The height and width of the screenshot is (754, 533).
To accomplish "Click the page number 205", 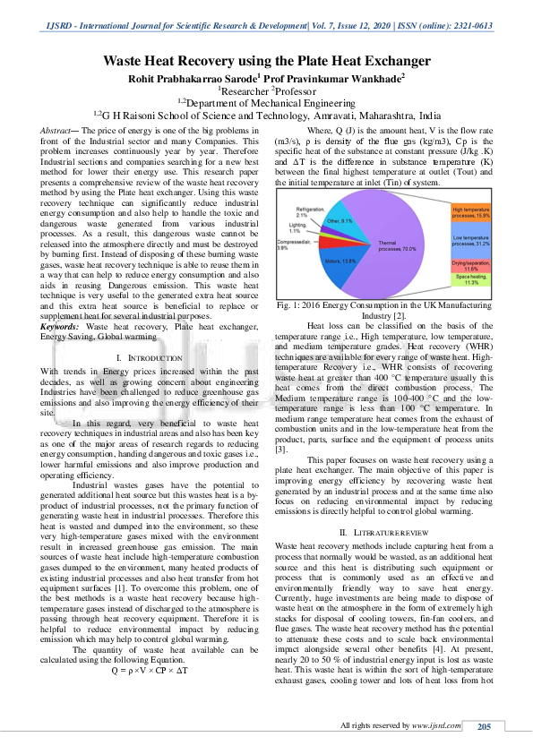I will pos(485,725).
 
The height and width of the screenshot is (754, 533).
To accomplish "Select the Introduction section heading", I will pos(142,357).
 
